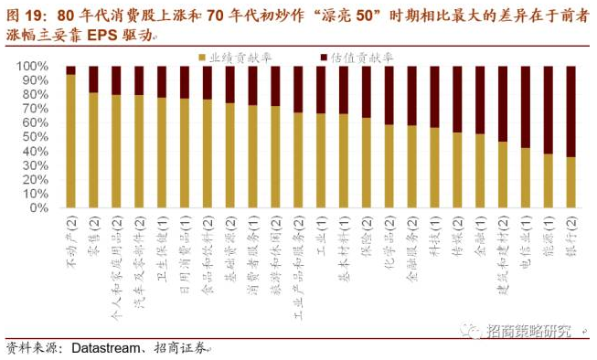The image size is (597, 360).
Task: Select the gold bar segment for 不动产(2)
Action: click(x=70, y=142)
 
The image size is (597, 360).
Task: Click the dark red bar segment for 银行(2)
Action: click(x=570, y=111)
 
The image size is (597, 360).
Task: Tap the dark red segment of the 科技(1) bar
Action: click(x=434, y=97)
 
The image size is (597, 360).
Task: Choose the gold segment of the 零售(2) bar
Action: click(x=93, y=151)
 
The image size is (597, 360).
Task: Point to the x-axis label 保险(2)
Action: click(x=366, y=237)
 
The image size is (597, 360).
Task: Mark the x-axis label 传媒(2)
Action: click(x=457, y=237)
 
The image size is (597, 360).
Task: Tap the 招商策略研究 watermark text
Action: click(x=531, y=330)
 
